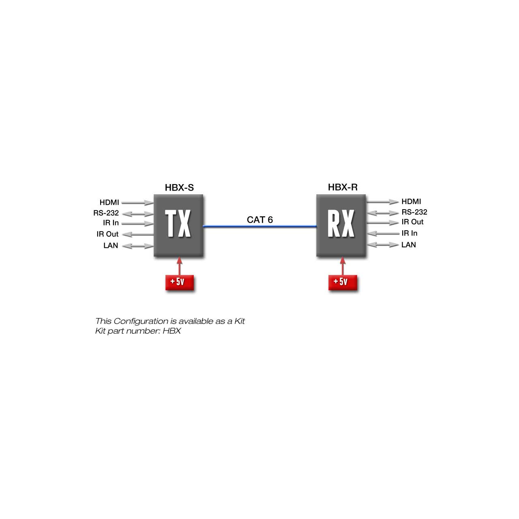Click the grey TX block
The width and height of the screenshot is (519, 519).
(178, 225)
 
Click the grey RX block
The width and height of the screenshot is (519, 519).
(341, 225)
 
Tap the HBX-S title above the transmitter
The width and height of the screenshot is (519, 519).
(179, 187)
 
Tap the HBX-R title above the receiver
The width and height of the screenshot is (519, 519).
(343, 187)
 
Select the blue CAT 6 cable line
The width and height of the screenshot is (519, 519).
(259, 226)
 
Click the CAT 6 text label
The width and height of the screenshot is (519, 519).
(259, 220)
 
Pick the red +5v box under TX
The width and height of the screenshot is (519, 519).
(179, 283)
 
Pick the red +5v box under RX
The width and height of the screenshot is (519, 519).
(343, 283)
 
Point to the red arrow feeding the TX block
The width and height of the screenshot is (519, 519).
(179, 266)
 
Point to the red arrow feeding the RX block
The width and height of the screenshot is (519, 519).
(343, 266)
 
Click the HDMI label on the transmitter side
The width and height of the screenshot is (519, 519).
(109, 202)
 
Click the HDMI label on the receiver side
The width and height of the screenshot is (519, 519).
(411, 202)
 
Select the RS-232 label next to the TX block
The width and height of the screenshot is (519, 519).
(106, 213)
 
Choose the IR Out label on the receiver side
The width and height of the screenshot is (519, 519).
(412, 222)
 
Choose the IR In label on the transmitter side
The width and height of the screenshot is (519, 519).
(111, 223)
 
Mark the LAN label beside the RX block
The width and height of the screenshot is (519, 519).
(409, 245)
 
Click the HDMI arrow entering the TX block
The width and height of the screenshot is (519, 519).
(137, 203)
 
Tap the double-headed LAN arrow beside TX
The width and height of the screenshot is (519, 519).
(137, 246)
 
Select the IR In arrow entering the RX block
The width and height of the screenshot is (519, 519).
(383, 234)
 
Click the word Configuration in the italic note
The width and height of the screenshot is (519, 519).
(141, 321)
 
